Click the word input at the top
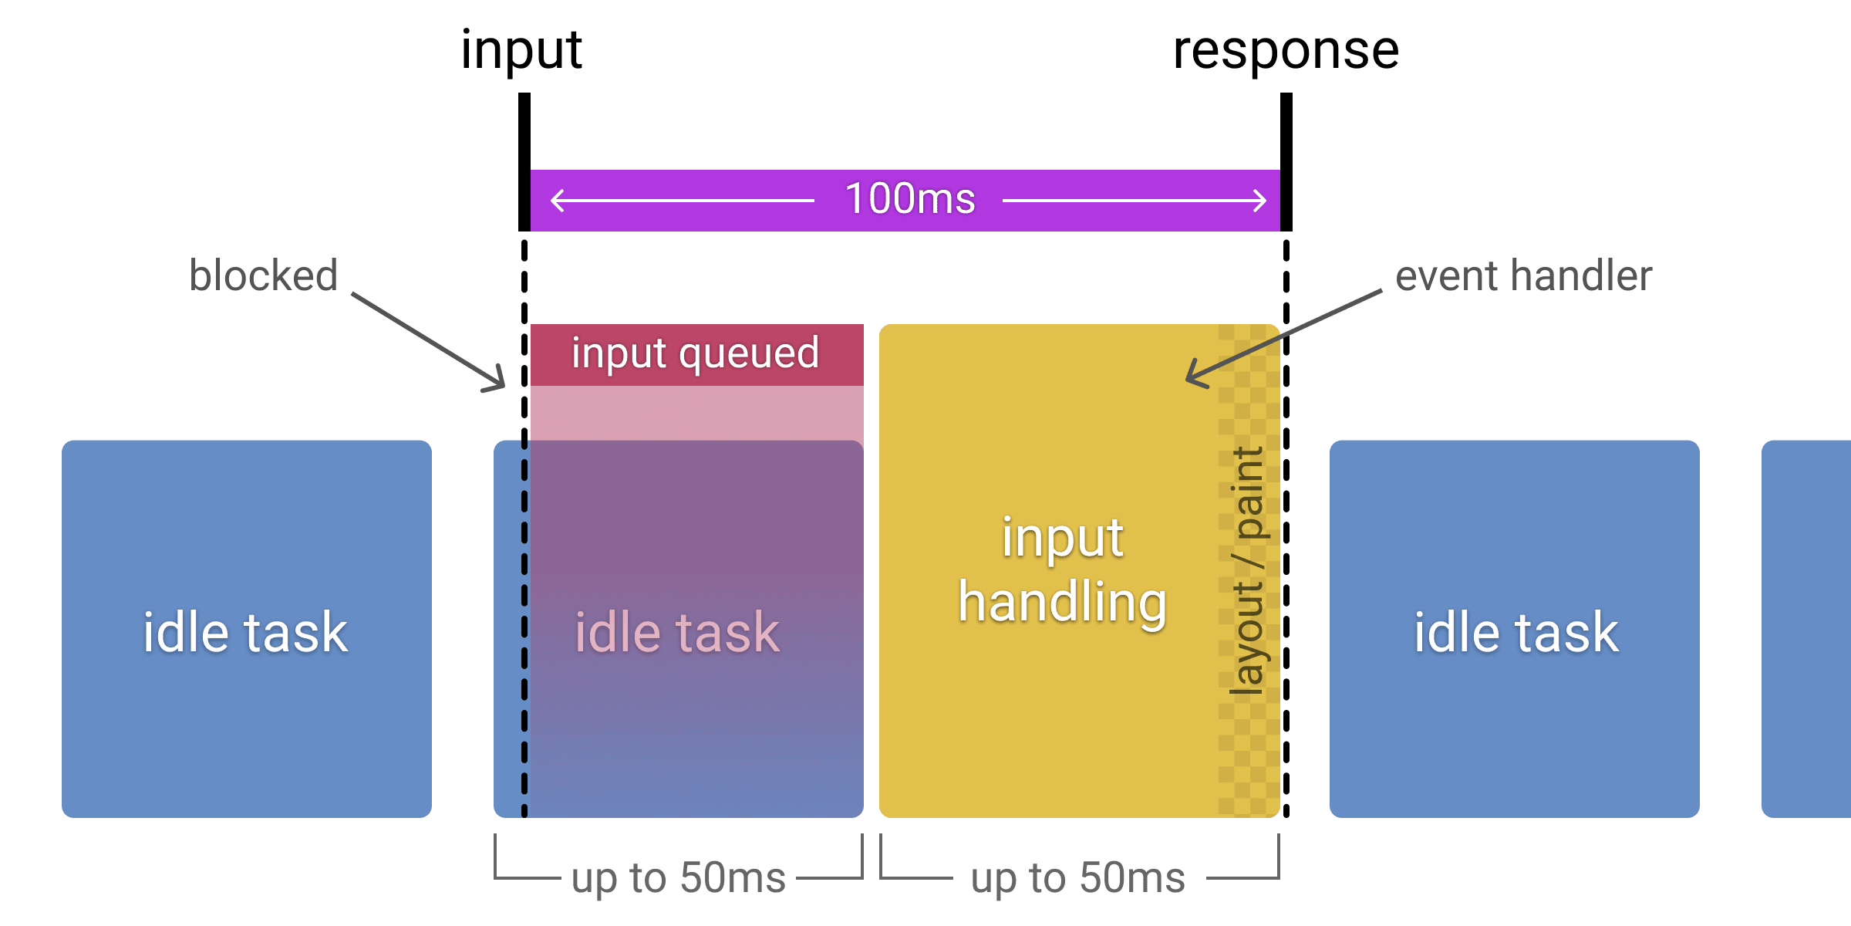(521, 51)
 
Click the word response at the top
(1286, 51)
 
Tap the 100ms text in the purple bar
(910, 199)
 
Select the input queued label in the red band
(695, 354)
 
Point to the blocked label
(263, 275)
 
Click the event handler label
(1523, 275)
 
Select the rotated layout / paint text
(1248, 571)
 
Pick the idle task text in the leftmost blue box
(245, 633)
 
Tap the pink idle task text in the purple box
(677, 633)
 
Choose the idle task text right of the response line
(1516, 633)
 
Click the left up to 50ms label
(678, 878)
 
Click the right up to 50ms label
(1077, 878)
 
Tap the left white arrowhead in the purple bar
(557, 201)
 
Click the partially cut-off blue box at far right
(1806, 629)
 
